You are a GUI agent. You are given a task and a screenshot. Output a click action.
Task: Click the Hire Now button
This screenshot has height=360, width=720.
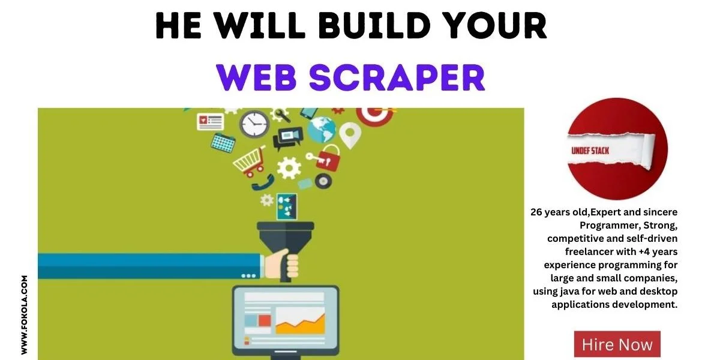pyautogui.click(x=617, y=344)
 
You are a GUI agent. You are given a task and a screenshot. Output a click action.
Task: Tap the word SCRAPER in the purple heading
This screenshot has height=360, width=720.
pyautogui.click(x=397, y=78)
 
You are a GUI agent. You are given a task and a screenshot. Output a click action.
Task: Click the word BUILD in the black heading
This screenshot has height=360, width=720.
pyautogui.click(x=374, y=25)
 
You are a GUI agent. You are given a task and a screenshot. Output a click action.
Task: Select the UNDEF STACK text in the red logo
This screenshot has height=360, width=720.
pyautogui.click(x=590, y=151)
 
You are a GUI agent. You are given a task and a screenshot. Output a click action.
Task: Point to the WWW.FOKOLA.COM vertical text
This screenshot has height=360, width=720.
pyautogui.click(x=25, y=315)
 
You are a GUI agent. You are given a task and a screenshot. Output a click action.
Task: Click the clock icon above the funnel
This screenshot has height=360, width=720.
pyautogui.click(x=254, y=124)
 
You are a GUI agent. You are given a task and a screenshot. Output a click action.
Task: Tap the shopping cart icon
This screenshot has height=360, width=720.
pyautogui.click(x=250, y=163)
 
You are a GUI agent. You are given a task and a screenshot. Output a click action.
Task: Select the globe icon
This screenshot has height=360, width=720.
pyautogui.click(x=321, y=130)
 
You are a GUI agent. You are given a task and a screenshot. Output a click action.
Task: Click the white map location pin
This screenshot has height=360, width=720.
pyautogui.click(x=350, y=135)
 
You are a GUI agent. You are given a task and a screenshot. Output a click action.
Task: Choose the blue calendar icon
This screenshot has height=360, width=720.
pyautogui.click(x=223, y=143)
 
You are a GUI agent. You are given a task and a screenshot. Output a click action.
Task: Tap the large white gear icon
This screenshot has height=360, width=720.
pyautogui.click(x=289, y=168)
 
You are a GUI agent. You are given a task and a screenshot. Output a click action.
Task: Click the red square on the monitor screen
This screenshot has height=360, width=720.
pyautogui.click(x=265, y=320)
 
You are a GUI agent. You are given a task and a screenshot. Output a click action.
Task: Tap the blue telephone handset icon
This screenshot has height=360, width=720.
pyautogui.click(x=263, y=183)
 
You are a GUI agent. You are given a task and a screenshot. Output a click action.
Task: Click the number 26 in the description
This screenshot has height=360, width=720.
pyautogui.click(x=536, y=212)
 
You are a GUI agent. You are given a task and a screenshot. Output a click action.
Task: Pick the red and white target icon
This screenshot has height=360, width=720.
pyautogui.click(x=375, y=116)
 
